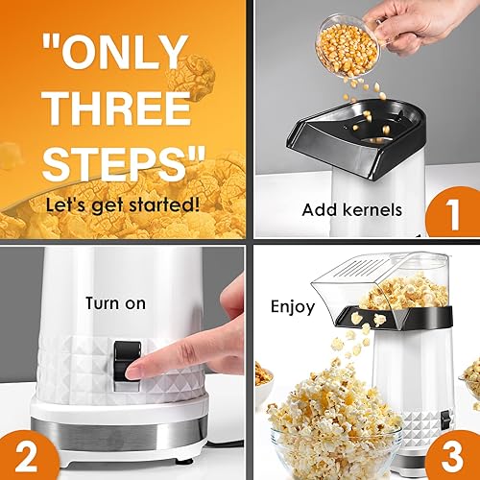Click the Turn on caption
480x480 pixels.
click(x=114, y=303)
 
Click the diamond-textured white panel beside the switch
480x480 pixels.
click(x=72, y=370)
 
